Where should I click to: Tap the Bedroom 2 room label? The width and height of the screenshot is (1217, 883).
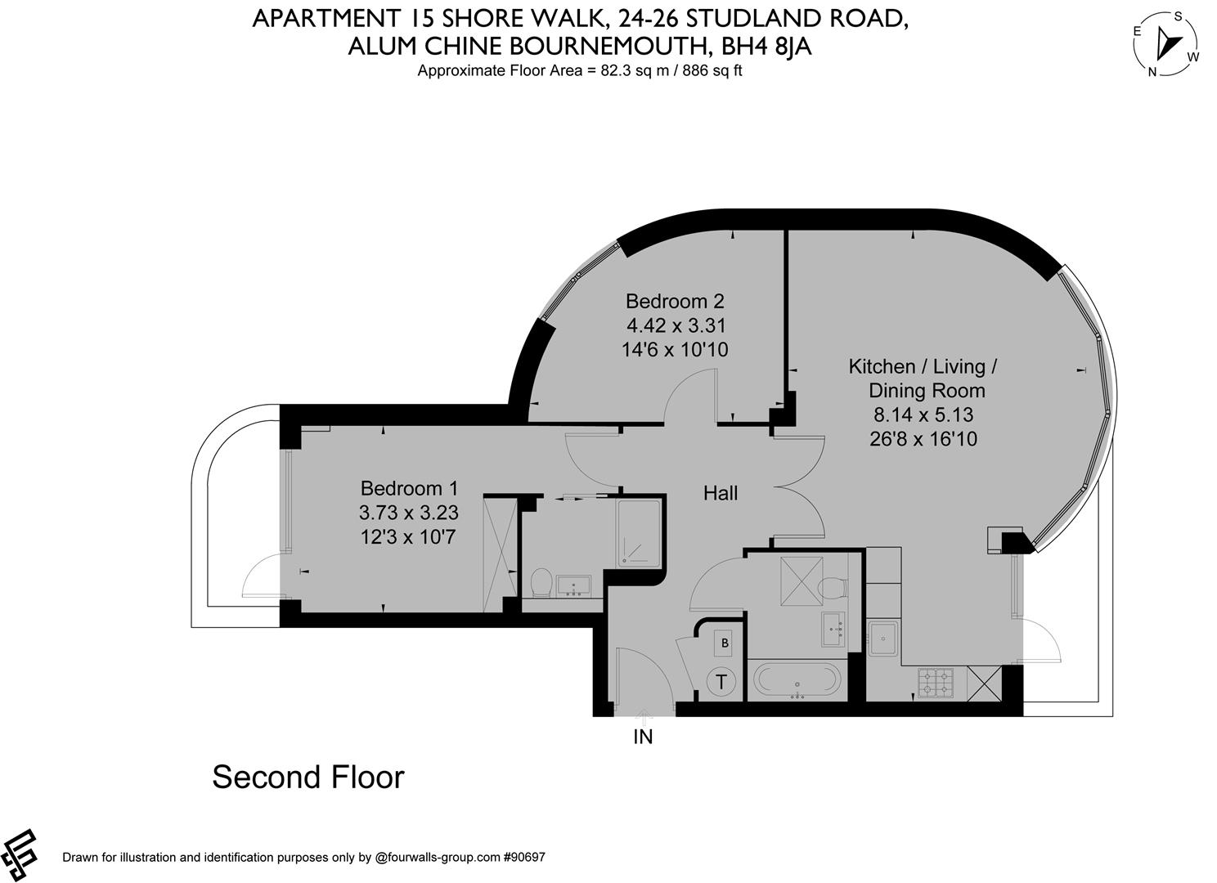pos(675,301)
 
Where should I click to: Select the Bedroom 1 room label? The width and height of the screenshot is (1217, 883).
pos(409,488)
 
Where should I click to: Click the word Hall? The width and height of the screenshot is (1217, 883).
pos(721,493)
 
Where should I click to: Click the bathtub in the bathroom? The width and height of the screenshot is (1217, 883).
pos(797,679)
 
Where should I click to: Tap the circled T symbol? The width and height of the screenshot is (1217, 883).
pos(721,682)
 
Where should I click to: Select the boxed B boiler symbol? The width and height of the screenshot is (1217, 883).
pos(724,643)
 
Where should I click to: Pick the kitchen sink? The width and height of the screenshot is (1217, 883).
pos(882,639)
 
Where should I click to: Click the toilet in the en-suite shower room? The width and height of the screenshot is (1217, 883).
pos(541,582)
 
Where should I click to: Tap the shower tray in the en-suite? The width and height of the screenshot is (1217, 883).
pos(639,534)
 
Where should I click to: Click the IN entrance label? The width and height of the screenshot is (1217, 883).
pos(644,737)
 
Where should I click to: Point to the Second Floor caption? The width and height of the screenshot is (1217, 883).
pos(308,777)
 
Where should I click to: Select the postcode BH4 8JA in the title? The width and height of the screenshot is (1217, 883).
pos(766,46)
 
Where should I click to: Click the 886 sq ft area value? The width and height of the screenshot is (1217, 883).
pos(712,70)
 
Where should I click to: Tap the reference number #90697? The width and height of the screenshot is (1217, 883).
pos(524,857)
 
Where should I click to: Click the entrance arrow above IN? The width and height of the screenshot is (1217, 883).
pos(644,717)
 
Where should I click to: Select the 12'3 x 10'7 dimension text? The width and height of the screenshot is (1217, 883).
pos(408,537)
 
